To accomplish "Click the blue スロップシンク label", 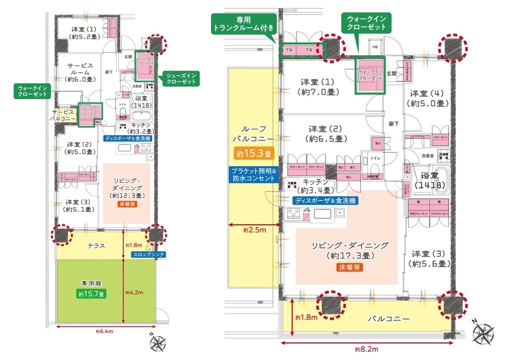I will (x=148, y=254).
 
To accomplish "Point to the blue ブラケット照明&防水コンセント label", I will (x=252, y=174).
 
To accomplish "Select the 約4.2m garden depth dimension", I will (x=133, y=292).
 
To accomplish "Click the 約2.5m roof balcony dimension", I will (x=253, y=230).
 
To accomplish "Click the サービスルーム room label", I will (x=77, y=75).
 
